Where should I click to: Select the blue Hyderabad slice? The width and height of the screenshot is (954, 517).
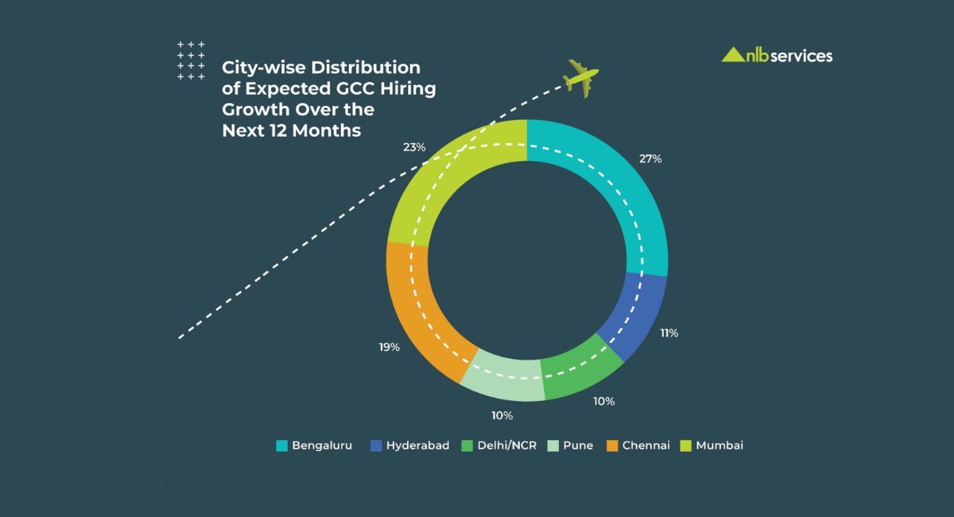tap(636, 315)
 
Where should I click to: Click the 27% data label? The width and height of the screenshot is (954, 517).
tap(650, 158)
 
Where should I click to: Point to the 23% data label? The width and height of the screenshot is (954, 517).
tap(414, 148)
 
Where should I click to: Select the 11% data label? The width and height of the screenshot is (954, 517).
tap(669, 333)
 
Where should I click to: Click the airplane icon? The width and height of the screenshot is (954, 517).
tap(581, 77)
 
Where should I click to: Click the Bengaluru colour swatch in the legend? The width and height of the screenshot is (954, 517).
tap(281, 445)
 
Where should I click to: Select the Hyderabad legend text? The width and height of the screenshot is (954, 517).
tap(417, 445)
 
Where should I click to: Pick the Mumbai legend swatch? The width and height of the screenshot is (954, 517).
tap(686, 445)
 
